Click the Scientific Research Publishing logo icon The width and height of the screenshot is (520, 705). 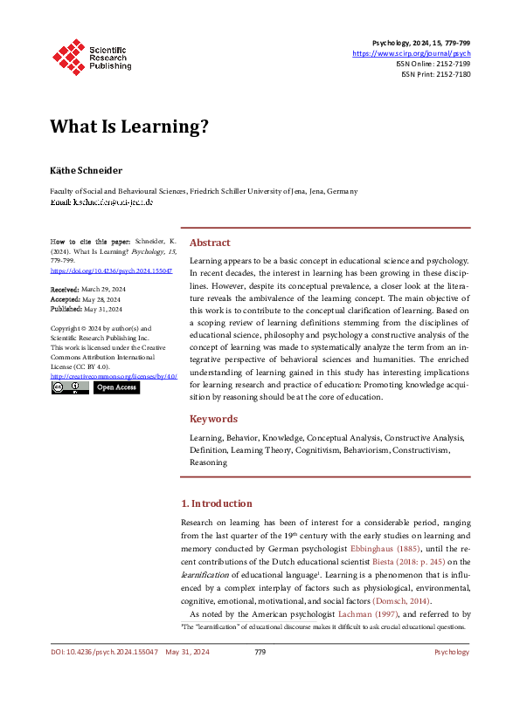coord(67,54)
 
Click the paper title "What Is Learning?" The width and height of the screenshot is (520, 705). coord(129,127)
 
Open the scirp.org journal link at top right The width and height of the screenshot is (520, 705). coord(411,53)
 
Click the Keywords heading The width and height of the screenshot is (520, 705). coord(213,419)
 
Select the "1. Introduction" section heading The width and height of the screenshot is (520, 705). coord(217,503)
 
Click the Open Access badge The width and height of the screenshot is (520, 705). coord(116,387)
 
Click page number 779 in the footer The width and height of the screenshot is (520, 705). coord(260,652)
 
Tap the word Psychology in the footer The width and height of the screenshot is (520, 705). coord(451,652)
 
